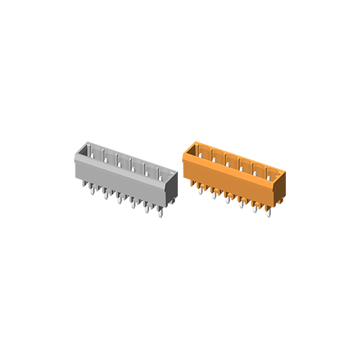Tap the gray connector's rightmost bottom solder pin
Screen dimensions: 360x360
point(160,214)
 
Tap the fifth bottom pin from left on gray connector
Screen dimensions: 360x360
point(146,210)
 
